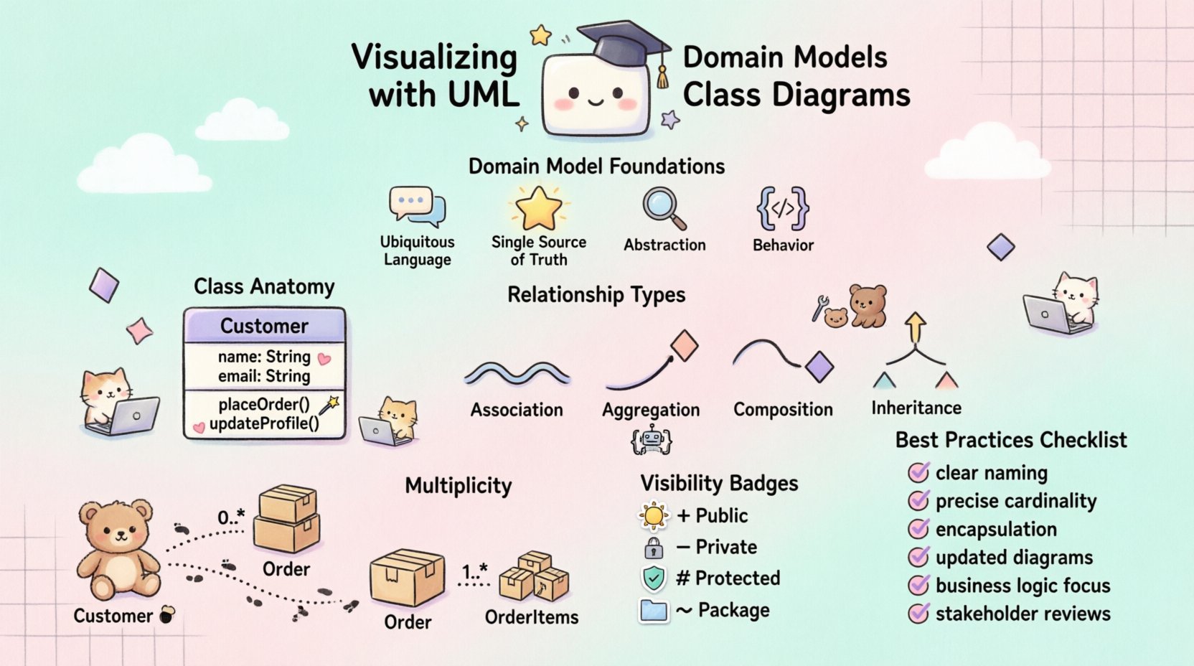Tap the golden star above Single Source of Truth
539,207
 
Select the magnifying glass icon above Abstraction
663,208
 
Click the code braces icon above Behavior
783,209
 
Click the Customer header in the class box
264,326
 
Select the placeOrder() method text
264,405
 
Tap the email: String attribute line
264,376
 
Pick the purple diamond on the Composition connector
819,367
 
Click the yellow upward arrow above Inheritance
915,328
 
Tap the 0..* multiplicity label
231,517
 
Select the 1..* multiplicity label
474,572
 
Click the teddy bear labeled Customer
119,549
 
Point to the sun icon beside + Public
653,516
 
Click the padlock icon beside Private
653,548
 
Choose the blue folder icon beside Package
653,611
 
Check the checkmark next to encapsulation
918,529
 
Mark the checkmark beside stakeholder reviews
918,614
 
